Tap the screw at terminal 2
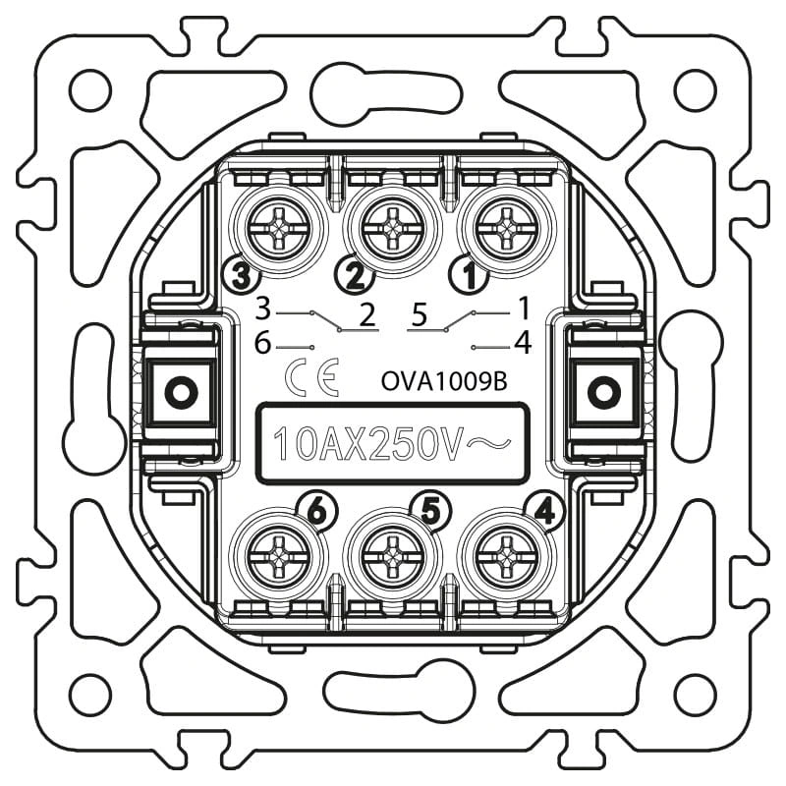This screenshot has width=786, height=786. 392,230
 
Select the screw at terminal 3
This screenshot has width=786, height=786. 279,230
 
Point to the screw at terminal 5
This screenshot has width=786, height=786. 392,556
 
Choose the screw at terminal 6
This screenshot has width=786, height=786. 279,556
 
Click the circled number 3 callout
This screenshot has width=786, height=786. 242,275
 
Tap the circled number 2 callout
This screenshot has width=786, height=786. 355,275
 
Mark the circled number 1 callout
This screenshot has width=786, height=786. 470,275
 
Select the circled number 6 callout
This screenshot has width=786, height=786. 316,512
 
